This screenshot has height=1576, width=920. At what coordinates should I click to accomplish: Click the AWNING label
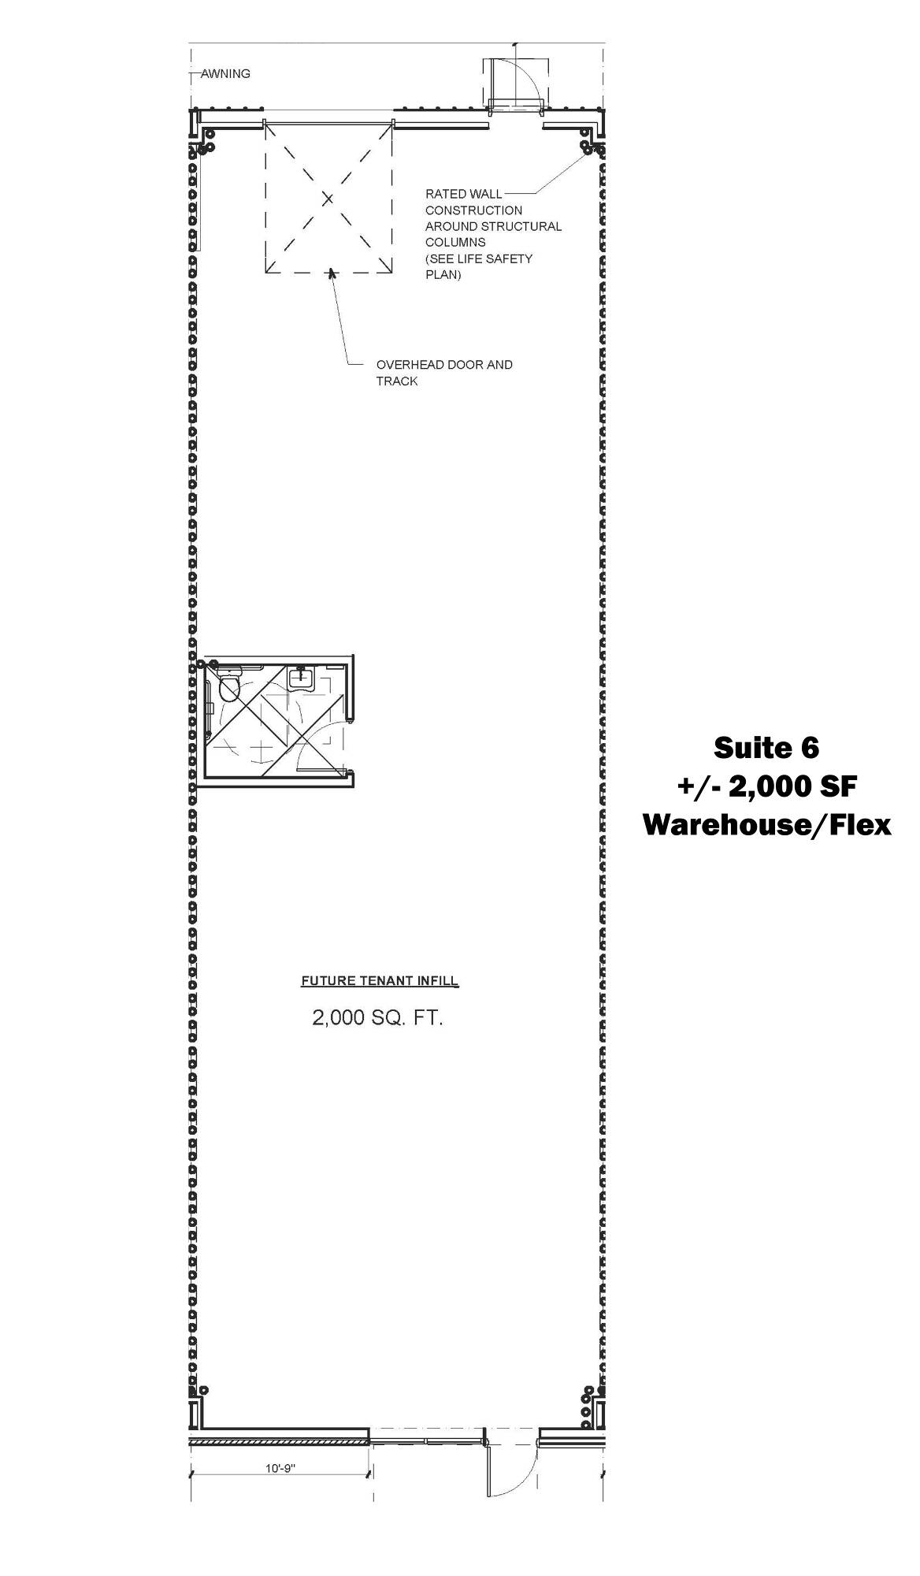point(225,74)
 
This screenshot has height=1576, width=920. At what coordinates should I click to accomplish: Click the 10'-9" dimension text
point(280,1469)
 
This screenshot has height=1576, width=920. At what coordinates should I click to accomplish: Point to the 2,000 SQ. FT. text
point(378,1018)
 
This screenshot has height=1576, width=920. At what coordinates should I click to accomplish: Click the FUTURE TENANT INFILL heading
point(380,981)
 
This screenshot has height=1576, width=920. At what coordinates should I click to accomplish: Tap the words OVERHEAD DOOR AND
point(444,365)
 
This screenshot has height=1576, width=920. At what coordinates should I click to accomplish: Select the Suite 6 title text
point(766,747)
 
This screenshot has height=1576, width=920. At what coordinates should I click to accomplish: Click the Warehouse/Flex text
point(767,824)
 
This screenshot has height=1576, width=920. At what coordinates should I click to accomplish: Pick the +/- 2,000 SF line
point(766,786)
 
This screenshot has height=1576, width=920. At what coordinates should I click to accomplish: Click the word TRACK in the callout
point(397,381)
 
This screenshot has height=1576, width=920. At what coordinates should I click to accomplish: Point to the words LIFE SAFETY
point(494,258)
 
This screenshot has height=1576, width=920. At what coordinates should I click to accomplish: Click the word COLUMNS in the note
point(455,243)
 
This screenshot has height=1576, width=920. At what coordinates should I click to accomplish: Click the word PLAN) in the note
point(443,275)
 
